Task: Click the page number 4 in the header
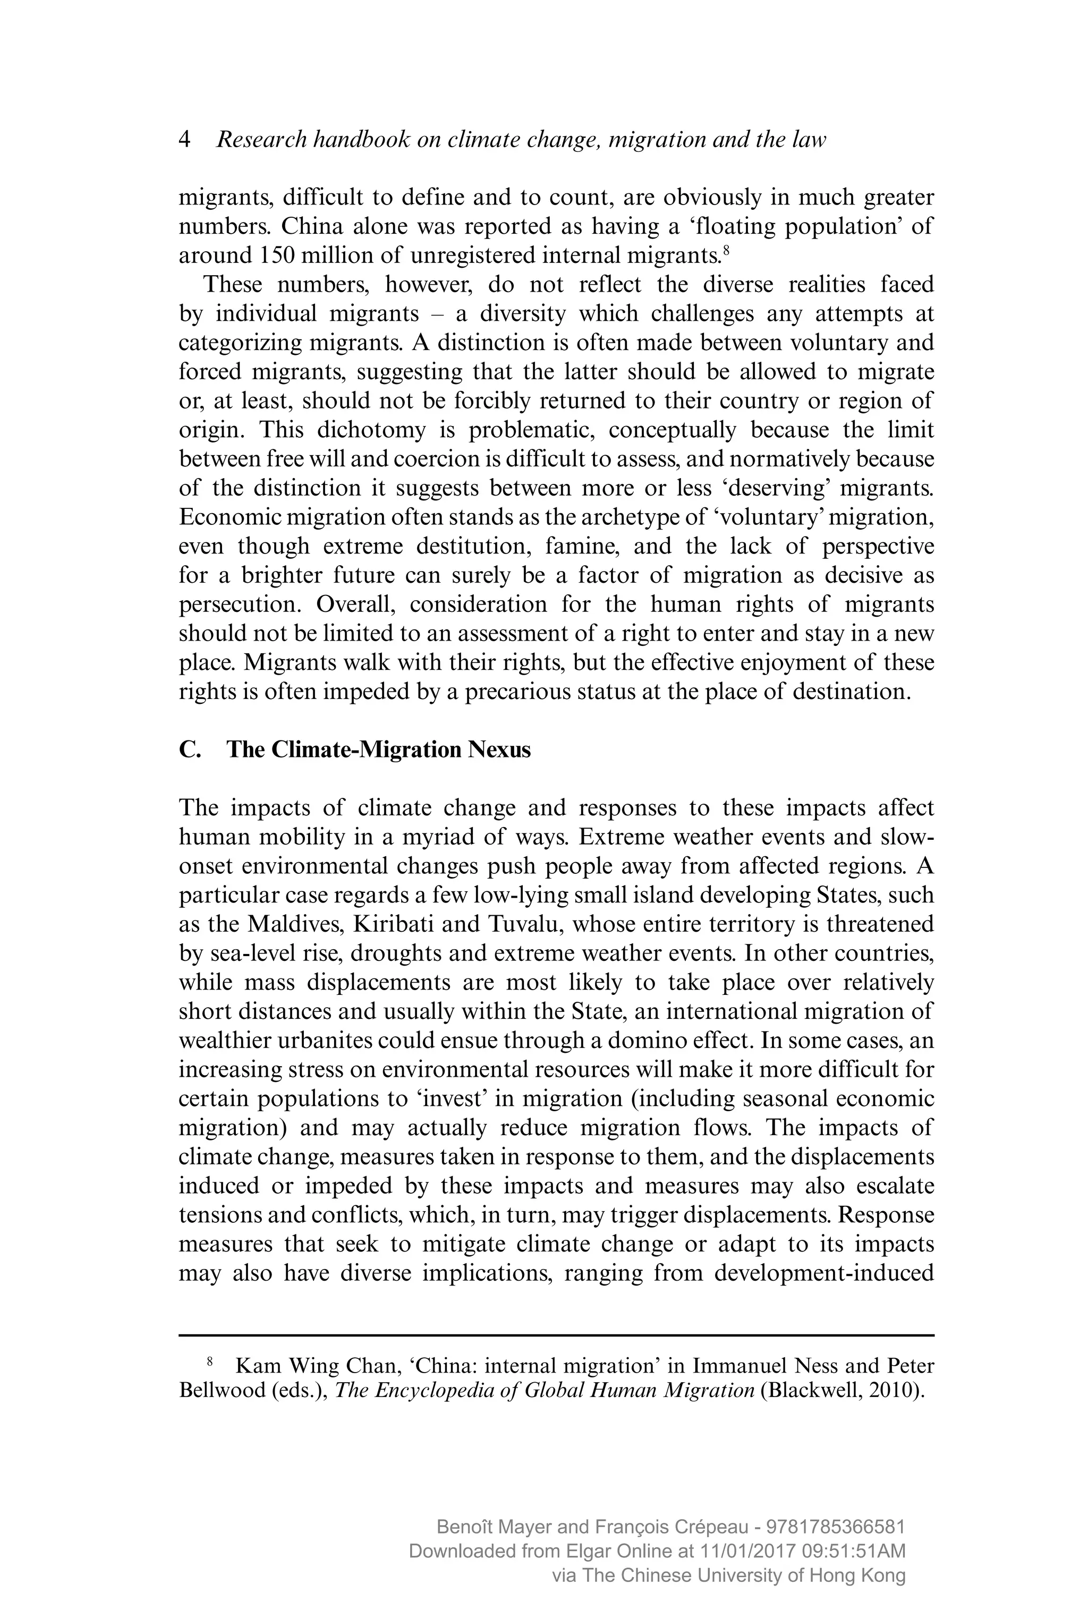(x=184, y=140)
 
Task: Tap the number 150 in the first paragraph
(x=278, y=256)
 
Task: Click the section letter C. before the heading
(x=190, y=750)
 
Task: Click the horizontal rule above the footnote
(x=557, y=1334)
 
